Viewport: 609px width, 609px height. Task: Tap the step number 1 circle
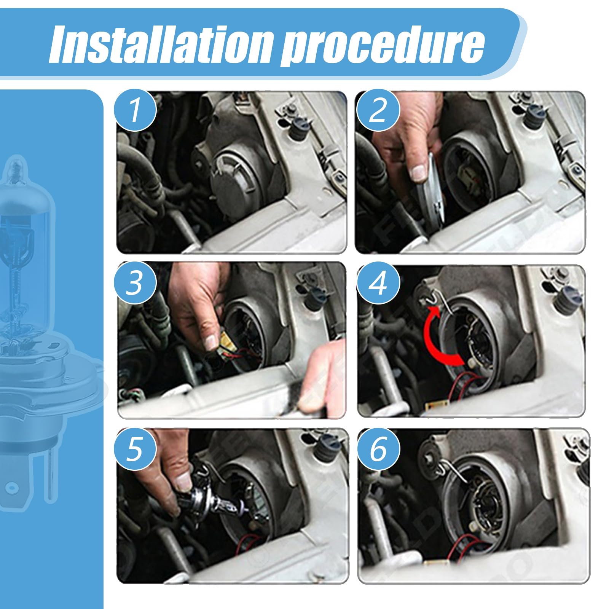[x=136, y=110]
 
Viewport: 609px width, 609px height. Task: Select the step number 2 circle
[x=378, y=110]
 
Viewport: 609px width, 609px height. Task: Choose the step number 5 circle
[x=136, y=449]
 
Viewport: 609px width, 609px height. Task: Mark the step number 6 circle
[x=378, y=449]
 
